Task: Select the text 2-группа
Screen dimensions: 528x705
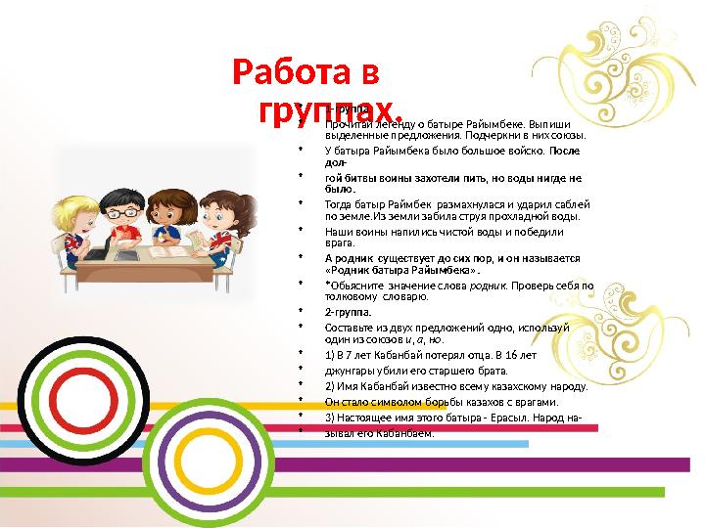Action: pos(348,313)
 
